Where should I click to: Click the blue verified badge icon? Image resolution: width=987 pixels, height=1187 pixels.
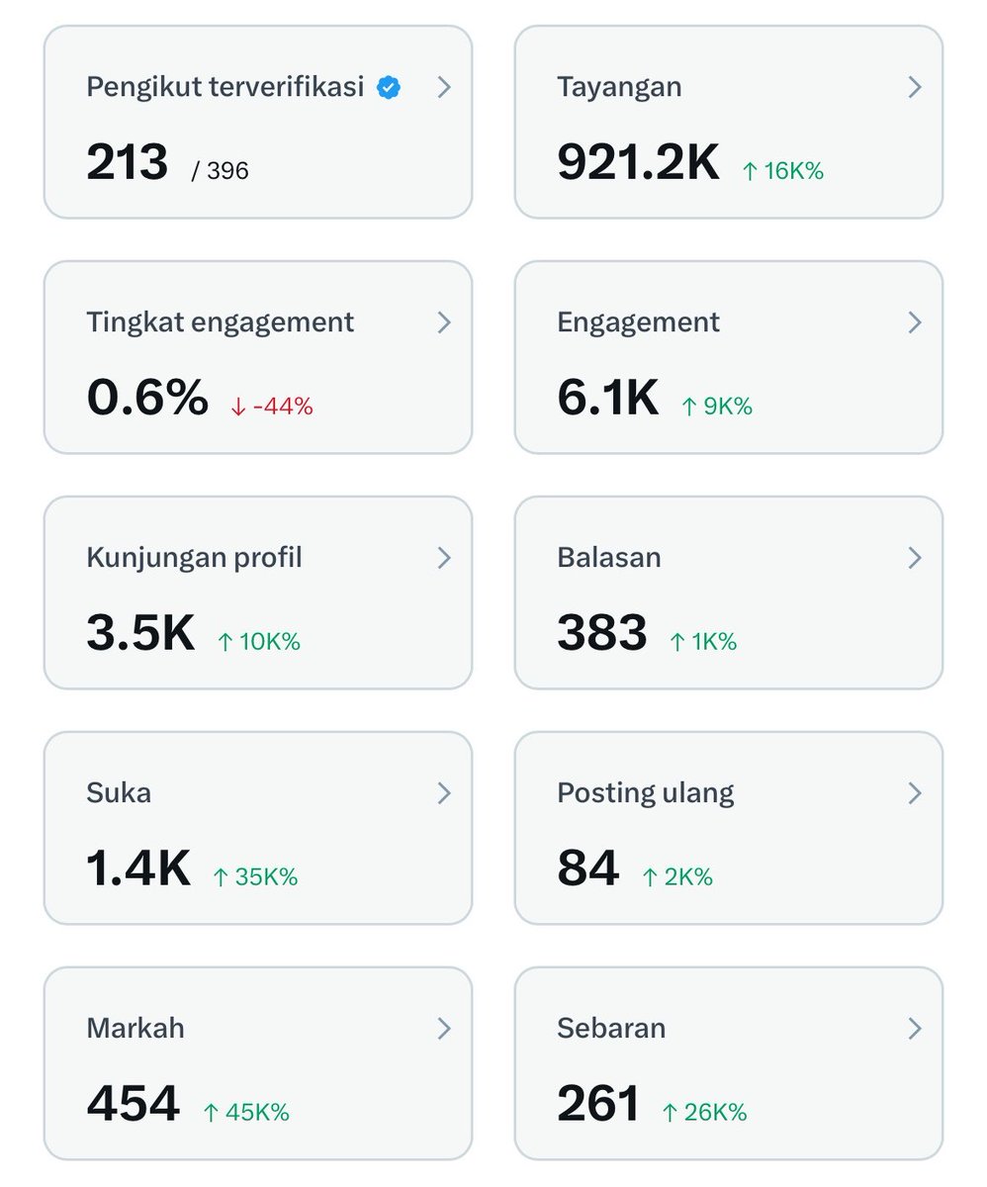(389, 88)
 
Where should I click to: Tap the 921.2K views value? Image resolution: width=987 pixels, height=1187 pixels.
(639, 162)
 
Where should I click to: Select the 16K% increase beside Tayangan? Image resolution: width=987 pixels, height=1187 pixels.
(783, 170)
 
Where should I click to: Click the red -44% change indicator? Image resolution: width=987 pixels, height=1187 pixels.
(272, 407)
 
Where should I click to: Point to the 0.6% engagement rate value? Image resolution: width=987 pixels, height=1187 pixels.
(147, 398)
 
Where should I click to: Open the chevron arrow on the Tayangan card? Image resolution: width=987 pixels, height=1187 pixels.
(914, 87)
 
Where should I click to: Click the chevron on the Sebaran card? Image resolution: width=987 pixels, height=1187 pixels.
(914, 1029)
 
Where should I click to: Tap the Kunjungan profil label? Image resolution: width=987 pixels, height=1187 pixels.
(195, 557)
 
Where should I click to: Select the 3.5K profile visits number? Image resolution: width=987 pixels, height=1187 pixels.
(140, 633)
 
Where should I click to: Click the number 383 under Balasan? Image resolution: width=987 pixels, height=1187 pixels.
(602, 633)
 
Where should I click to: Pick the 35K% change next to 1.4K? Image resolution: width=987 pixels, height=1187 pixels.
(255, 877)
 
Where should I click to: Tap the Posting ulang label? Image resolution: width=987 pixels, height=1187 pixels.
(645, 793)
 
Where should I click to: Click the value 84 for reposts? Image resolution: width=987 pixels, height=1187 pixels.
(587, 868)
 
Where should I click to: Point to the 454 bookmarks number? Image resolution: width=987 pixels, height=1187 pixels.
(134, 1104)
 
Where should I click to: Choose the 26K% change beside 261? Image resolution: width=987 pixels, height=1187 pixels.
(704, 1113)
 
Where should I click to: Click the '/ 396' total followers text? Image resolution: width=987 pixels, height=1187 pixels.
(220, 170)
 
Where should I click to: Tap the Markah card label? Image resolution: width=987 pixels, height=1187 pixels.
(135, 1029)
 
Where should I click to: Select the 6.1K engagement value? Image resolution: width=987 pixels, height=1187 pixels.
(608, 398)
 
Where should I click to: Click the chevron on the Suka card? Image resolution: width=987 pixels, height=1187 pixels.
(444, 793)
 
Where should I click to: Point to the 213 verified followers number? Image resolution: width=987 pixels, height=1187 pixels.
(127, 162)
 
